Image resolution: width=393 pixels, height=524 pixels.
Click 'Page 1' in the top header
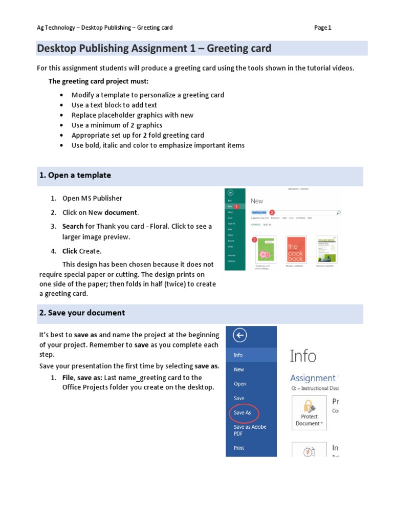point(322,28)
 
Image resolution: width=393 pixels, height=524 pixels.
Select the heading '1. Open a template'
point(75,176)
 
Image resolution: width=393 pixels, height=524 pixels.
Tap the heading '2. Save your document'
point(82,313)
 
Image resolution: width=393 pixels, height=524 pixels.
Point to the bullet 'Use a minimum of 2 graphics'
point(117,125)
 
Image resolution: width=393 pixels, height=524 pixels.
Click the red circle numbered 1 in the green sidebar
point(236,206)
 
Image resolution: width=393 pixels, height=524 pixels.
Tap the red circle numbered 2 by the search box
point(272,212)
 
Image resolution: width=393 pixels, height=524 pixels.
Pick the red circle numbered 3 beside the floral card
point(254,239)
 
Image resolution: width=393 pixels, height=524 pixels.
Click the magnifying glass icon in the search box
point(338,212)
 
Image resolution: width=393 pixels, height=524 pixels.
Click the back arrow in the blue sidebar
point(239,335)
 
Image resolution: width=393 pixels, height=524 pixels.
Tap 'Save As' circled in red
point(242,412)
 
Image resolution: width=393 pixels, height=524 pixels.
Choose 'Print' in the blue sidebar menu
point(239,448)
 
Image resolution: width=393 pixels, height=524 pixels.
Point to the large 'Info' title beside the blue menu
point(303,356)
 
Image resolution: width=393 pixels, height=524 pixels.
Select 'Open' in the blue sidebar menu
point(239,384)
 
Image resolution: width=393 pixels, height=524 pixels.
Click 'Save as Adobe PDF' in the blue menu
point(250,430)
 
